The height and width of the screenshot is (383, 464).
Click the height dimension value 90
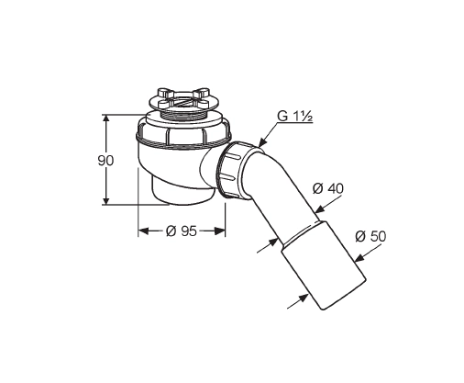105,161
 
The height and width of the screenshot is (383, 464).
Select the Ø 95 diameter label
182,231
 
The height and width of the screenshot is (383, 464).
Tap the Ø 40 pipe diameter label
328,188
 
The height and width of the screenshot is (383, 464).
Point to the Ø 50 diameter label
370,236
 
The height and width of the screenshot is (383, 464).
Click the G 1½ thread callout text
294,117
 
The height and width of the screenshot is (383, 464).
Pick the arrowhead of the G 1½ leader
262,142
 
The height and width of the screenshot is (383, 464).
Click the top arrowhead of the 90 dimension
106,119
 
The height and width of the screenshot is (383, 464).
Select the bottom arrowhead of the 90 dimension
106,200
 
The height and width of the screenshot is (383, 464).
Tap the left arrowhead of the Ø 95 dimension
143,231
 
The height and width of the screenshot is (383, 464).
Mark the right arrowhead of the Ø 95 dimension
220,231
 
